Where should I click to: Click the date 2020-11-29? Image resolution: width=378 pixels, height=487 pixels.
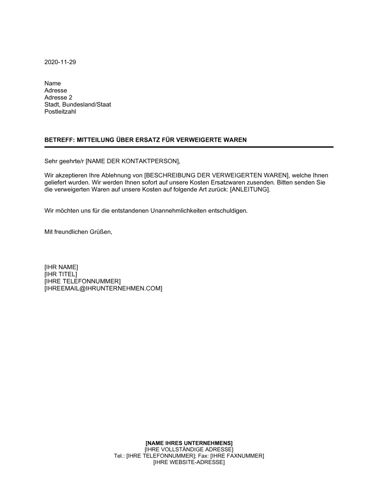coord(60,62)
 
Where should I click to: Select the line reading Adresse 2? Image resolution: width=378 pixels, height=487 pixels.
coord(58,97)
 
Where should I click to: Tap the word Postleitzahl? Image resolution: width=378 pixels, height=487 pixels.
coord(60,112)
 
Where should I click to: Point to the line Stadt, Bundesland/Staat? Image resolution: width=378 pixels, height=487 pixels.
coord(77,105)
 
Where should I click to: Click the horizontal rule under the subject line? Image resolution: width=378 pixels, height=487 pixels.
coord(189,147)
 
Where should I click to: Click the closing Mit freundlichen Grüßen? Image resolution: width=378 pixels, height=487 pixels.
coord(78,232)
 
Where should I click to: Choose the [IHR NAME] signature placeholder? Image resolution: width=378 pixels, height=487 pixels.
coord(61,267)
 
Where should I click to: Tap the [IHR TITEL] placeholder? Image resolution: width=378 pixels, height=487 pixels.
coord(60,274)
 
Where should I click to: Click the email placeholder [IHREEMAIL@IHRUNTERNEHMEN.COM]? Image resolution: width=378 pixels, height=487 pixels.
coord(103,289)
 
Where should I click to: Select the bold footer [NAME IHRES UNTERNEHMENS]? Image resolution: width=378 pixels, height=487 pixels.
coord(189,443)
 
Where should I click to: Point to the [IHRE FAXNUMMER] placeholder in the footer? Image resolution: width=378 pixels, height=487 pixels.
coord(237,456)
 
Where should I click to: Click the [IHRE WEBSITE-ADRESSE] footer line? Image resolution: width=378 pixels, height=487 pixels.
coord(189,462)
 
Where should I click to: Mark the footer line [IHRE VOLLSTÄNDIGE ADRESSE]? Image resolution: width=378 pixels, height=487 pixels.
coord(189,450)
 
